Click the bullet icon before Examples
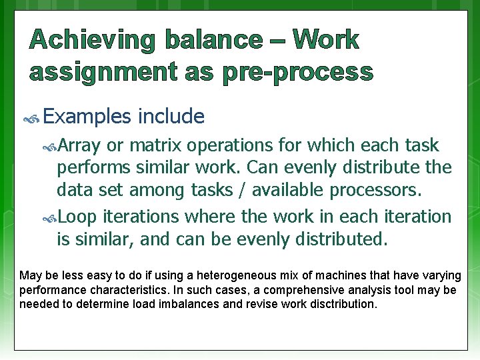[x=31, y=118]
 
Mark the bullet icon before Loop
[x=51, y=217]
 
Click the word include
[x=171, y=117]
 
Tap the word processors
[x=376, y=190]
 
